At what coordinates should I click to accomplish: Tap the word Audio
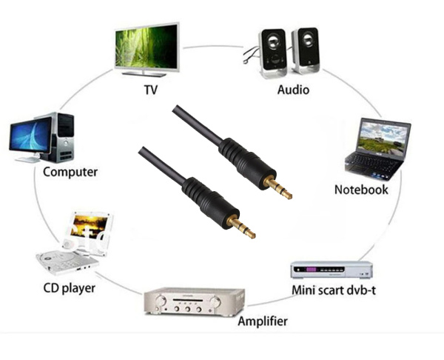coord(293,90)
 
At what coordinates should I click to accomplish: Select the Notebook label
coord(361,190)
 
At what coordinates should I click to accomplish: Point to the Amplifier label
coord(262,321)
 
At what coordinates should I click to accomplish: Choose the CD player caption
coord(68,287)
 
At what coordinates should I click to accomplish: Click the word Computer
coord(70,172)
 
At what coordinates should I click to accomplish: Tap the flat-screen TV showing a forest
coord(147,47)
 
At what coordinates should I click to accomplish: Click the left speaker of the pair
coord(272,52)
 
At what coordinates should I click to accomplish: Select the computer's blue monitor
coord(30,137)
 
